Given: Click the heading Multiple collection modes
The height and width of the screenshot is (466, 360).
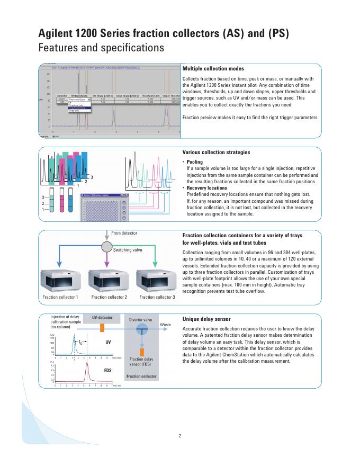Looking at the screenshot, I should pos(213,69).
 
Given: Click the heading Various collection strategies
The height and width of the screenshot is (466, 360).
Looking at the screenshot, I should pos(216,153).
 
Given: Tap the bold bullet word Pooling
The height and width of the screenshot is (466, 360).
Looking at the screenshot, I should pos(195,162).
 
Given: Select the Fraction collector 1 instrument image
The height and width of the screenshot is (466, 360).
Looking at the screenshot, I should pos(60,280).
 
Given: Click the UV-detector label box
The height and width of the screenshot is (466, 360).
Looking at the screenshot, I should pos(102,318).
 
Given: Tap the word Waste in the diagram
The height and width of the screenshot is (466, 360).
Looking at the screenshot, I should pos(165,324).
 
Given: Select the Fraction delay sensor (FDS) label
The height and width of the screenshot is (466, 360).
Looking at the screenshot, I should pos(140,362).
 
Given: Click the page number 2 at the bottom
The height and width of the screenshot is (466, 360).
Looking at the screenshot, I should pos(179,436).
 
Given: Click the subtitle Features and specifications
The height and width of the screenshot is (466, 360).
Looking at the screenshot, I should pos(101,48).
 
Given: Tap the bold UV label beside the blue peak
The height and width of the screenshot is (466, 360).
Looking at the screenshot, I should pos(108,342).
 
